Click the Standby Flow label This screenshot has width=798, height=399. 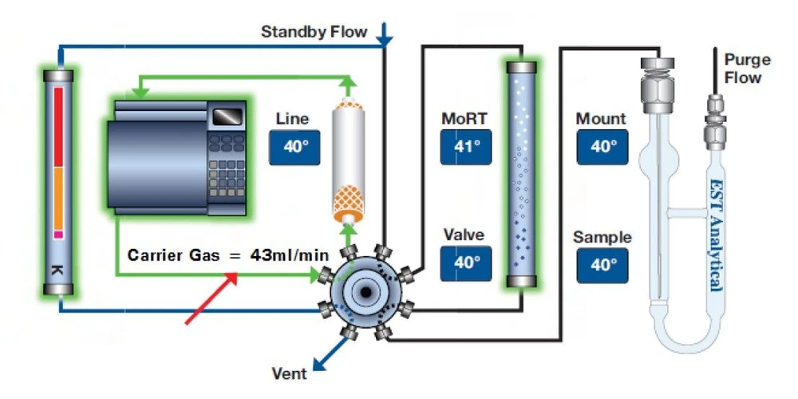pyautogui.click(x=314, y=33)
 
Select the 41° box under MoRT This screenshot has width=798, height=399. pyautogui.click(x=466, y=147)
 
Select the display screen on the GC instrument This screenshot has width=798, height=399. pyautogui.click(x=224, y=117)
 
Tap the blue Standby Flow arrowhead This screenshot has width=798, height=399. pyautogui.click(x=385, y=36)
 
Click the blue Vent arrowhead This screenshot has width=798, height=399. pyautogui.click(x=318, y=365)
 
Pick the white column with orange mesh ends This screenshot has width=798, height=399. pyautogui.click(x=347, y=163)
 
